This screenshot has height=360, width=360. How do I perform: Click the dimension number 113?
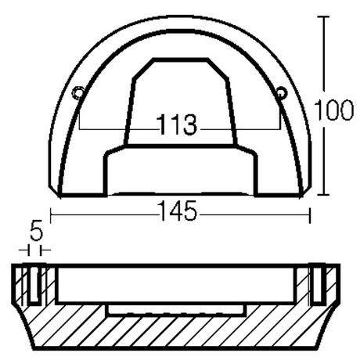point(176,124)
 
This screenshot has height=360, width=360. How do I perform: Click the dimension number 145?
point(178,211)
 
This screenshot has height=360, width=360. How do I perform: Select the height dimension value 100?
point(334,110)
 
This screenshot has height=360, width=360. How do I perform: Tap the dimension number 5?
point(36,232)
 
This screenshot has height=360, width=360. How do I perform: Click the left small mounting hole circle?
point(78,93)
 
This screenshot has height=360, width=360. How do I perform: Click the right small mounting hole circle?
point(282,92)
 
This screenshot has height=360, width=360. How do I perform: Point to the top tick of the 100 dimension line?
point(323,16)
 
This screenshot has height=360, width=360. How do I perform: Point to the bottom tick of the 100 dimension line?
point(323,195)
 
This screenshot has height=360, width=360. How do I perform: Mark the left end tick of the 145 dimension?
point(50,215)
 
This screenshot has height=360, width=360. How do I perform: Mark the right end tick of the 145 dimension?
point(310,215)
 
